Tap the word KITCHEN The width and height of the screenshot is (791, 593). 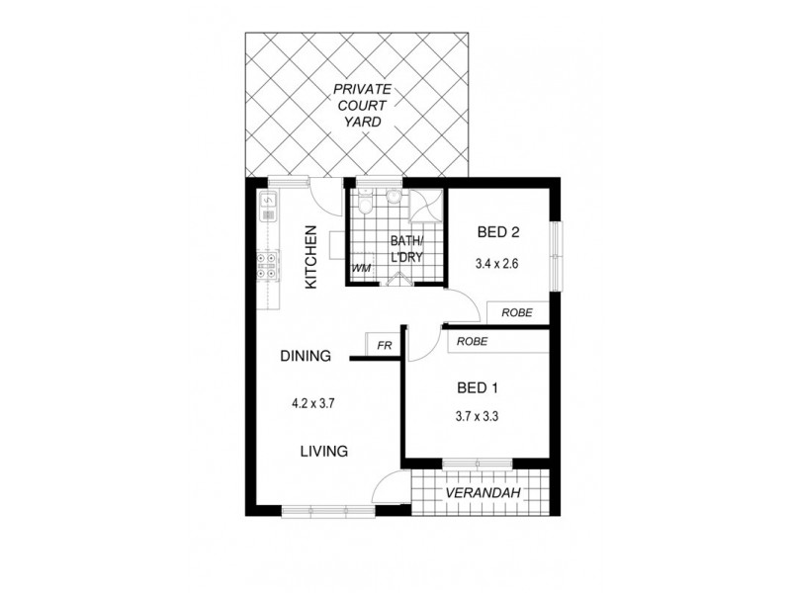310,257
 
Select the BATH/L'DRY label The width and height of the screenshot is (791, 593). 406,248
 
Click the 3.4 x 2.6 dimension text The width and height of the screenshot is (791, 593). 497,264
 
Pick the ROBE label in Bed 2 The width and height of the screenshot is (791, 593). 517,312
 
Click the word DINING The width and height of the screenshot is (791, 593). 305,357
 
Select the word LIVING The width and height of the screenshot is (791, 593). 324,452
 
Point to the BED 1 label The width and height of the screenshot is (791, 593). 476,386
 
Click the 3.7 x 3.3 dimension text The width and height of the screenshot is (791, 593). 476,417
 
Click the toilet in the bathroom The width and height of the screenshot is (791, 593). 366,205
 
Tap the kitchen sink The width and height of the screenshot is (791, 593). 267,207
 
